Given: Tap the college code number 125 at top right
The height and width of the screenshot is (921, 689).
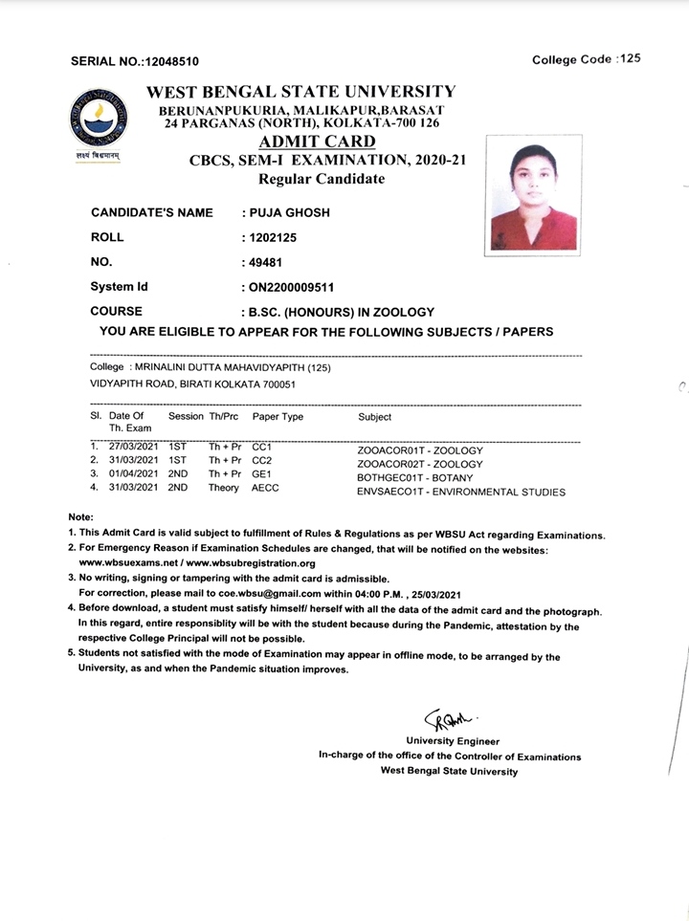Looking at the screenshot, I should [630, 59].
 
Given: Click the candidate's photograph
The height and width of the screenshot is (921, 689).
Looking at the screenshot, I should [534, 197].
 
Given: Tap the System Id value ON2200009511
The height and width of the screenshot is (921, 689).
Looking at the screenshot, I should [291, 287].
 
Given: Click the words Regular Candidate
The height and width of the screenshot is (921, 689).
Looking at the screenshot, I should [300, 179].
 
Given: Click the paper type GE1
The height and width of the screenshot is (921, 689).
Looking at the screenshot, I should [263, 473].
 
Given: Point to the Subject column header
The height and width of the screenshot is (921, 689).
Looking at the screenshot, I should [375, 417].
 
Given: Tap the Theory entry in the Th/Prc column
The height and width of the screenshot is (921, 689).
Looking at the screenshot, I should [224, 488].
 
